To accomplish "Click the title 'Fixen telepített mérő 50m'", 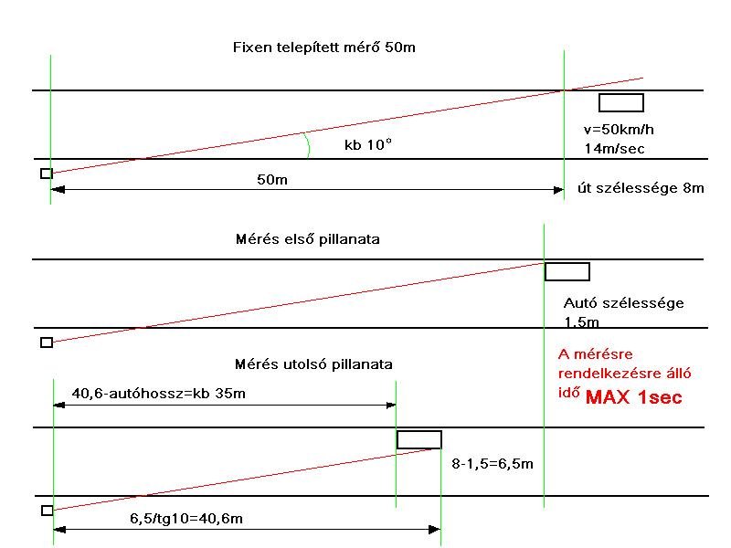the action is point(324,47).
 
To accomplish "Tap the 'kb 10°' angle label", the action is point(367,144).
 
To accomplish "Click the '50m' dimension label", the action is point(271,180).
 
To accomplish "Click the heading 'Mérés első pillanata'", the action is point(307,240).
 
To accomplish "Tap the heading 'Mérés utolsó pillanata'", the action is point(313,364).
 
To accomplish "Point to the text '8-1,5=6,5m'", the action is point(493,463).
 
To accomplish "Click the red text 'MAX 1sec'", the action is point(633,398).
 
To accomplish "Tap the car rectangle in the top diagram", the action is point(620,102).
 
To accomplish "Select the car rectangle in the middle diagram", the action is point(567,271).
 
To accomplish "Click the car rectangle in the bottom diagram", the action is point(418,439).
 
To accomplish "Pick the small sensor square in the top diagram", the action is point(47,174).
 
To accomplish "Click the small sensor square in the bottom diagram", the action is point(47,511).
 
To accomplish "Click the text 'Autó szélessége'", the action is point(623,303).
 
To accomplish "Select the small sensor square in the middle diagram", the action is point(47,342).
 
